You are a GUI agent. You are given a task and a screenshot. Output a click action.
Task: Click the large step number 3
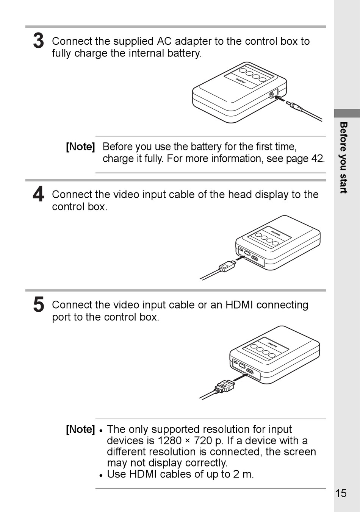tap(38, 41)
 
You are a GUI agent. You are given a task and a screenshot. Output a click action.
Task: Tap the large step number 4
tap(38, 194)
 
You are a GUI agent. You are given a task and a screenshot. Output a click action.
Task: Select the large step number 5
tap(38, 304)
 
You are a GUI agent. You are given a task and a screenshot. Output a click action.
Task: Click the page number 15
tap(341, 493)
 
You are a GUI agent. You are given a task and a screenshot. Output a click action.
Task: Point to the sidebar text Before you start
tap(344, 158)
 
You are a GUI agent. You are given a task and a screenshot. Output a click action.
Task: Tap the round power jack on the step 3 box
tap(272, 94)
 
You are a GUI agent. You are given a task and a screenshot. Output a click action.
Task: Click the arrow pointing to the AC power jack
tap(280, 99)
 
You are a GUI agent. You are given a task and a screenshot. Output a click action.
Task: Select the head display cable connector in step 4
tap(227, 266)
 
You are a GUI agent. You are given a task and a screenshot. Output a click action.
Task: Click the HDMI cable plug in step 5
tap(224, 387)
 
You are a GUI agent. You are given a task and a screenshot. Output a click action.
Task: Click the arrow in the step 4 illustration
tap(240, 258)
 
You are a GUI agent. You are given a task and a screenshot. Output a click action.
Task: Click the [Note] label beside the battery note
tap(80, 147)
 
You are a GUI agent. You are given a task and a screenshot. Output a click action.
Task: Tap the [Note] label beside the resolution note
tap(80, 429)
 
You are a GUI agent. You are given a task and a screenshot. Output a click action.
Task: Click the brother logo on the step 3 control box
tap(240, 81)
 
